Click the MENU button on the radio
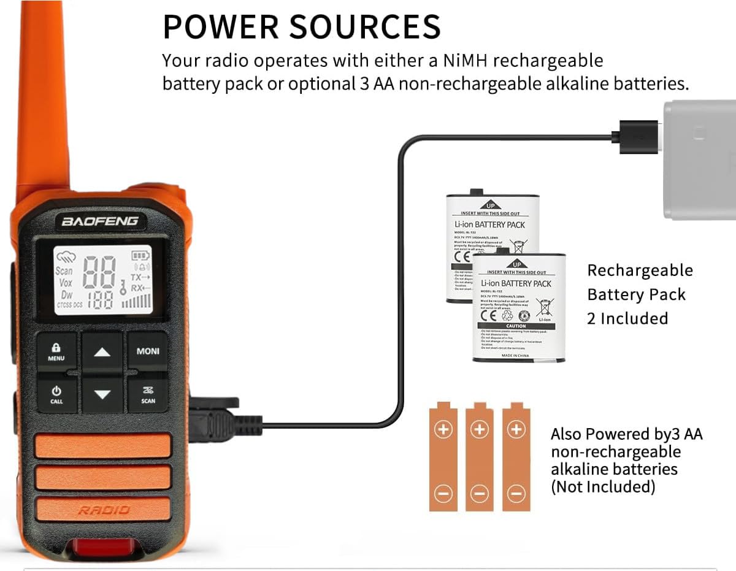point(56,351)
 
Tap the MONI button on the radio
point(148,351)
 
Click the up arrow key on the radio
point(102,352)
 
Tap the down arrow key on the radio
point(102,394)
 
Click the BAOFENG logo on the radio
point(100,221)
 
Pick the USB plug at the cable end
point(638,134)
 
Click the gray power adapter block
point(700,159)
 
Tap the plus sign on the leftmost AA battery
point(443,430)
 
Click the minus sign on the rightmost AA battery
point(516,492)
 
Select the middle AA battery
point(480,457)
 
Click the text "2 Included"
point(627,318)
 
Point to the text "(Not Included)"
point(603,487)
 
